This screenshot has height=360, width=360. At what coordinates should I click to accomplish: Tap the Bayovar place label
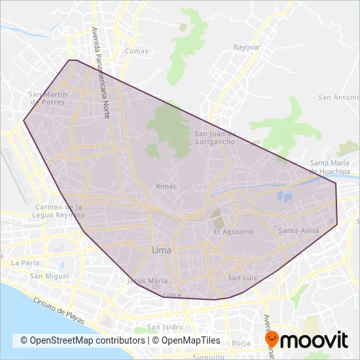pyautogui.click(x=247, y=48)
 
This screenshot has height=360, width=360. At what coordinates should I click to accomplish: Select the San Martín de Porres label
pyautogui.click(x=48, y=98)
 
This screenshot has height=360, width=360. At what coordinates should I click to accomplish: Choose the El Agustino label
pyautogui.click(x=234, y=232)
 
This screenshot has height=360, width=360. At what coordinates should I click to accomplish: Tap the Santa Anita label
pyautogui.click(x=298, y=231)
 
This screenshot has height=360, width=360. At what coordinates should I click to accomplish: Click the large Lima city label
pyautogui.click(x=162, y=250)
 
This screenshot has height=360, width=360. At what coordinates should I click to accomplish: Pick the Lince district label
pyautogui.click(x=171, y=295)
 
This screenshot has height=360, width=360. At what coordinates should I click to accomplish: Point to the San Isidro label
pyautogui.click(x=164, y=327)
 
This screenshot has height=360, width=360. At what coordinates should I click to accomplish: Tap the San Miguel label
pyautogui.click(x=45, y=276)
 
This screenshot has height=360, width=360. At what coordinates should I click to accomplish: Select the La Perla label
pyautogui.click(x=24, y=262)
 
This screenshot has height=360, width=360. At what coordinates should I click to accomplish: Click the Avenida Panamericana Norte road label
pyautogui.click(x=101, y=72)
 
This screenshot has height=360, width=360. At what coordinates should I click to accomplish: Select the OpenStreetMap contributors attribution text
pyautogui.click(x=82, y=340)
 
